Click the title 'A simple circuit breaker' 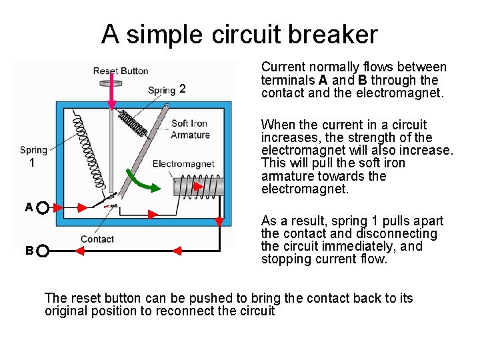tap(239, 34)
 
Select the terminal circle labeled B tap(43, 251)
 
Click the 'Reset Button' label tap(121, 71)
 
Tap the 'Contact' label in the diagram tap(97, 239)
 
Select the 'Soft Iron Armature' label tap(190, 129)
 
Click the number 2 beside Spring tap(183, 90)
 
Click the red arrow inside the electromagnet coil tap(199, 187)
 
